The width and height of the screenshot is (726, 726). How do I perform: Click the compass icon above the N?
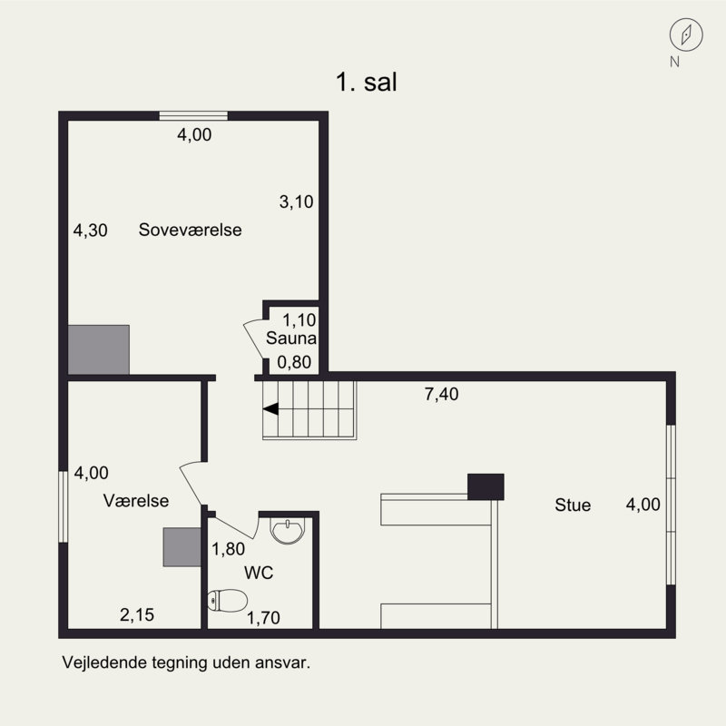[687, 34]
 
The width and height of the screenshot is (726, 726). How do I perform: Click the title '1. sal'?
[368, 82]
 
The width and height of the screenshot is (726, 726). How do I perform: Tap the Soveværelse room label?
[190, 230]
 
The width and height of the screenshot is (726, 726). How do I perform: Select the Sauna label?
[290, 339]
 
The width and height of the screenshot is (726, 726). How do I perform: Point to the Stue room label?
[573, 505]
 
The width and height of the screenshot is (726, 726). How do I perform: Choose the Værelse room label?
[136, 500]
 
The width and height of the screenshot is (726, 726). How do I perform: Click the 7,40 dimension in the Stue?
[442, 394]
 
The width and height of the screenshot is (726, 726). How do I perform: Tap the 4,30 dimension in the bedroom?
[91, 231]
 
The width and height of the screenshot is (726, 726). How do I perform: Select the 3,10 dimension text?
[296, 202]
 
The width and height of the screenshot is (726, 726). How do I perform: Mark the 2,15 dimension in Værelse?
[137, 615]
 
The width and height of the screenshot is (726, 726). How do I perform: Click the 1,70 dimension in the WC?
[263, 619]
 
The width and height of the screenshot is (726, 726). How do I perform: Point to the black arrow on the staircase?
[270, 409]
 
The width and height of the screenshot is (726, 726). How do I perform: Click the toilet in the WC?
[228, 600]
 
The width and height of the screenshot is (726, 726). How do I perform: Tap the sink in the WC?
[289, 530]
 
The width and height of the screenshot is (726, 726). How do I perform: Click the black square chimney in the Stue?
[486, 486]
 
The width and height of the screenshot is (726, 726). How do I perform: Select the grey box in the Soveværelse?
[99, 349]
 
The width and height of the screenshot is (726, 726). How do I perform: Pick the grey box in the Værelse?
[181, 547]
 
